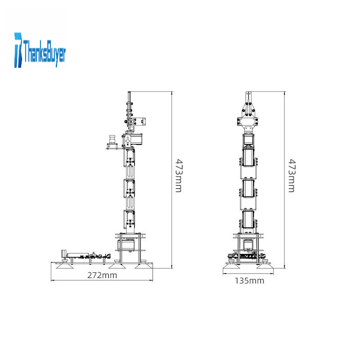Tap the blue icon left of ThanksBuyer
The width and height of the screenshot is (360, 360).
[18, 50]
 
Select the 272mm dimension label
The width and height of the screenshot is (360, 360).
[102, 275]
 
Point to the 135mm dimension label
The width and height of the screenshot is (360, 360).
[249, 280]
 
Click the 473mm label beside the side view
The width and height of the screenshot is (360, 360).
[179, 175]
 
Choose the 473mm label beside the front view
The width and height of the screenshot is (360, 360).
[292, 175]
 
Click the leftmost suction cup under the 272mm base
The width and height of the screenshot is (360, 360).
[65, 266]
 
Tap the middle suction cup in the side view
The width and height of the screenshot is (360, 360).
[117, 266]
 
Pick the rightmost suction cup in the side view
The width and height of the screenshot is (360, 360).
[143, 266]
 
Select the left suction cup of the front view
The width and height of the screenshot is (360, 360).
[231, 266]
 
